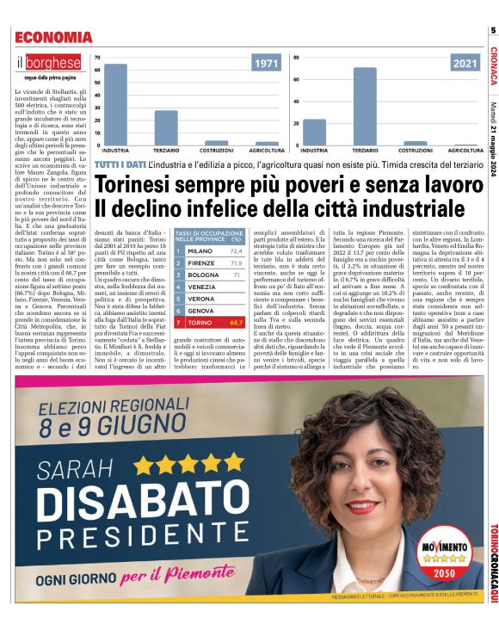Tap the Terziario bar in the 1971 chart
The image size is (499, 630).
166,127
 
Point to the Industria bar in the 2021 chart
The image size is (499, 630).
314,131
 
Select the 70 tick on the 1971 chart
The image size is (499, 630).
97,59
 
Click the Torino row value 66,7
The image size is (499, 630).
237,322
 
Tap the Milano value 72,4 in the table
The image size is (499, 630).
236,251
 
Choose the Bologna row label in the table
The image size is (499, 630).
203,275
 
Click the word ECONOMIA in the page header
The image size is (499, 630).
53,37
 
